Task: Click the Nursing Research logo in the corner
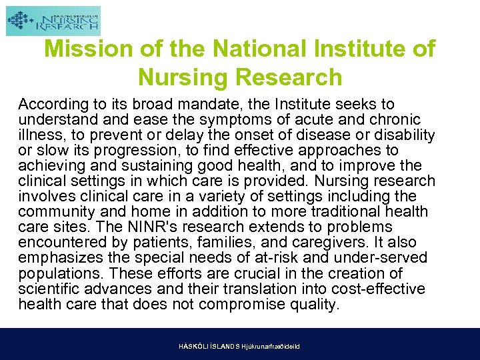[53, 21]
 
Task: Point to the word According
[53, 105]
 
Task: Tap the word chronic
[395, 120]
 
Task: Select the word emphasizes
[59, 258]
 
